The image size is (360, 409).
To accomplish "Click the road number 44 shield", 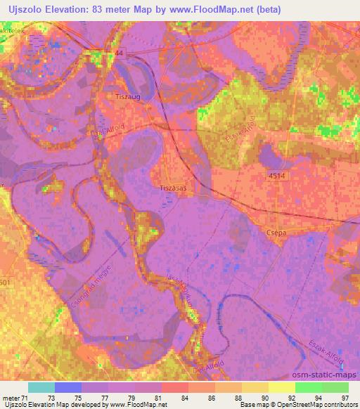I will (x=120, y=53).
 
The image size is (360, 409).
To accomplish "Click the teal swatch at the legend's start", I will (x=41, y=387).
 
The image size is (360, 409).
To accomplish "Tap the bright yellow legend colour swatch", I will (x=281, y=387).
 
